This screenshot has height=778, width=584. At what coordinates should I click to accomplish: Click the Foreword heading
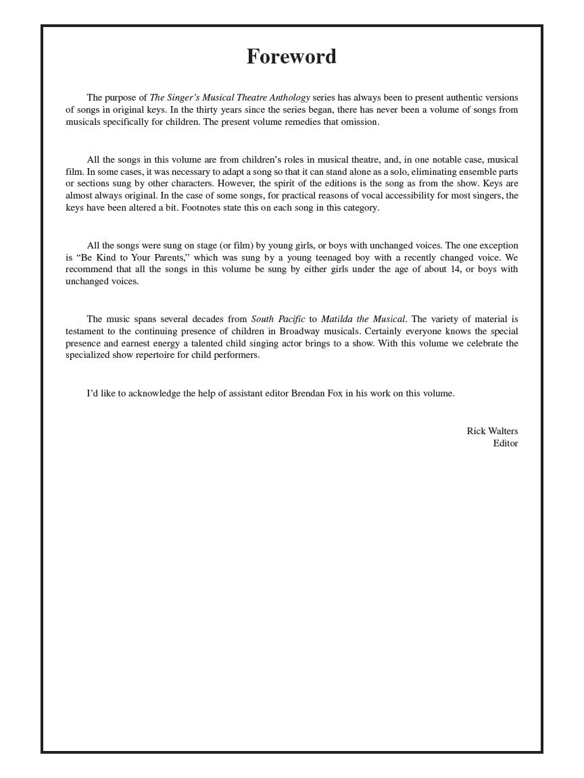point(291,57)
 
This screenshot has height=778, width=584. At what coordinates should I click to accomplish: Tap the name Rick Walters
point(492,431)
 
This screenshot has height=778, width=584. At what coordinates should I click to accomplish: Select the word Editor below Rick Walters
point(505,443)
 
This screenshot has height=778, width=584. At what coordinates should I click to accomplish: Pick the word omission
point(360,122)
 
